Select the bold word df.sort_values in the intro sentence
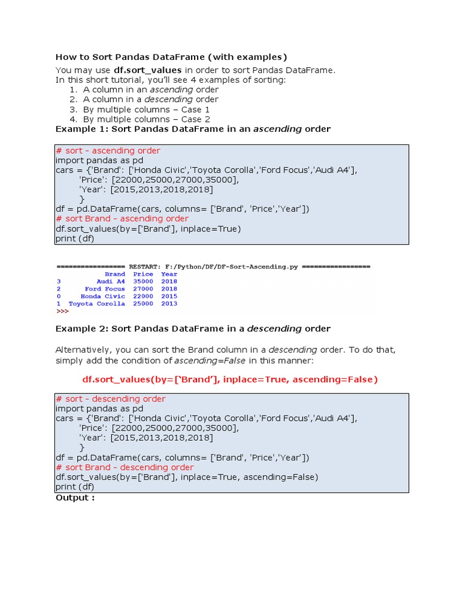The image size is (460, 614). pyautogui.click(x=147, y=70)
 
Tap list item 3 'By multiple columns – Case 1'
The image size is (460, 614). pyautogui.click(x=146, y=110)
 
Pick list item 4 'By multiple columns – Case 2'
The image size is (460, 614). pyautogui.click(x=146, y=119)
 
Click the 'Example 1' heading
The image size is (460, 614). pyautogui.click(x=193, y=129)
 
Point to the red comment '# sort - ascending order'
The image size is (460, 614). pyautogui.click(x=108, y=151)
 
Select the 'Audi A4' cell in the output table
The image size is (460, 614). pyautogui.click(x=111, y=281)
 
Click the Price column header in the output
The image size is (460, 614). pyautogui.click(x=143, y=274)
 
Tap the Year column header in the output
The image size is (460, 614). pyautogui.click(x=169, y=274)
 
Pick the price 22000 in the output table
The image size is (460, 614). pyautogui.click(x=143, y=296)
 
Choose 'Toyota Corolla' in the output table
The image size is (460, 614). pyautogui.click(x=97, y=303)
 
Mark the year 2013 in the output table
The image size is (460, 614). pyautogui.click(x=169, y=303)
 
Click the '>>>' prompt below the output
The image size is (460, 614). pyautogui.click(x=62, y=311)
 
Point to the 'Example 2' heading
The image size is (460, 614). pyautogui.click(x=193, y=329)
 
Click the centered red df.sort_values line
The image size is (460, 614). pyautogui.click(x=230, y=380)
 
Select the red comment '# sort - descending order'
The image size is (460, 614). pyautogui.click(x=110, y=399)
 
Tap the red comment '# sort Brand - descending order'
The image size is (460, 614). pyautogui.click(x=125, y=467)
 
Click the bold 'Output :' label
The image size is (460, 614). pyautogui.click(x=75, y=498)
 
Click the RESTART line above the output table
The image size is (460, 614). pyautogui.click(x=213, y=266)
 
